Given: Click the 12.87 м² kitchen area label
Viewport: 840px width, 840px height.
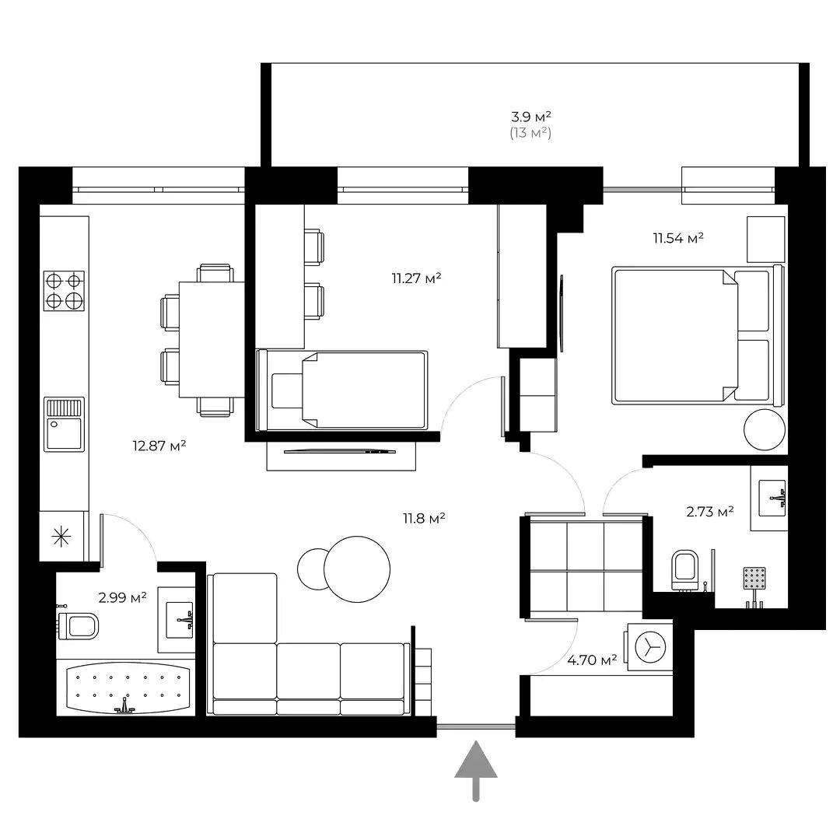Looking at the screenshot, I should (x=159, y=446).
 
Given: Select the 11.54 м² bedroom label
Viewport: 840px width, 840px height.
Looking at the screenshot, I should (x=678, y=238).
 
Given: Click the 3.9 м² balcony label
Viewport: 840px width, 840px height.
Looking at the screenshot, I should (x=531, y=117).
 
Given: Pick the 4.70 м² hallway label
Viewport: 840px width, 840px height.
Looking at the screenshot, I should (x=592, y=660).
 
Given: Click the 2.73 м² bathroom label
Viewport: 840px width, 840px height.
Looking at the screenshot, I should (x=710, y=511).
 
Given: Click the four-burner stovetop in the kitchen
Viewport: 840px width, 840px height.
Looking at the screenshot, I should (x=64, y=290).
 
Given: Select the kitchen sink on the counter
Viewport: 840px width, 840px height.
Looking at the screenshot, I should (x=64, y=424).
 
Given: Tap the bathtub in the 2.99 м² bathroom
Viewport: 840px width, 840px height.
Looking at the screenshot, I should (x=128, y=687).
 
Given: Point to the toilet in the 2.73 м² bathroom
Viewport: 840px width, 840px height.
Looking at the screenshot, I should (x=685, y=570).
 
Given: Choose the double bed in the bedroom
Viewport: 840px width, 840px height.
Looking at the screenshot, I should (x=696, y=334).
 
